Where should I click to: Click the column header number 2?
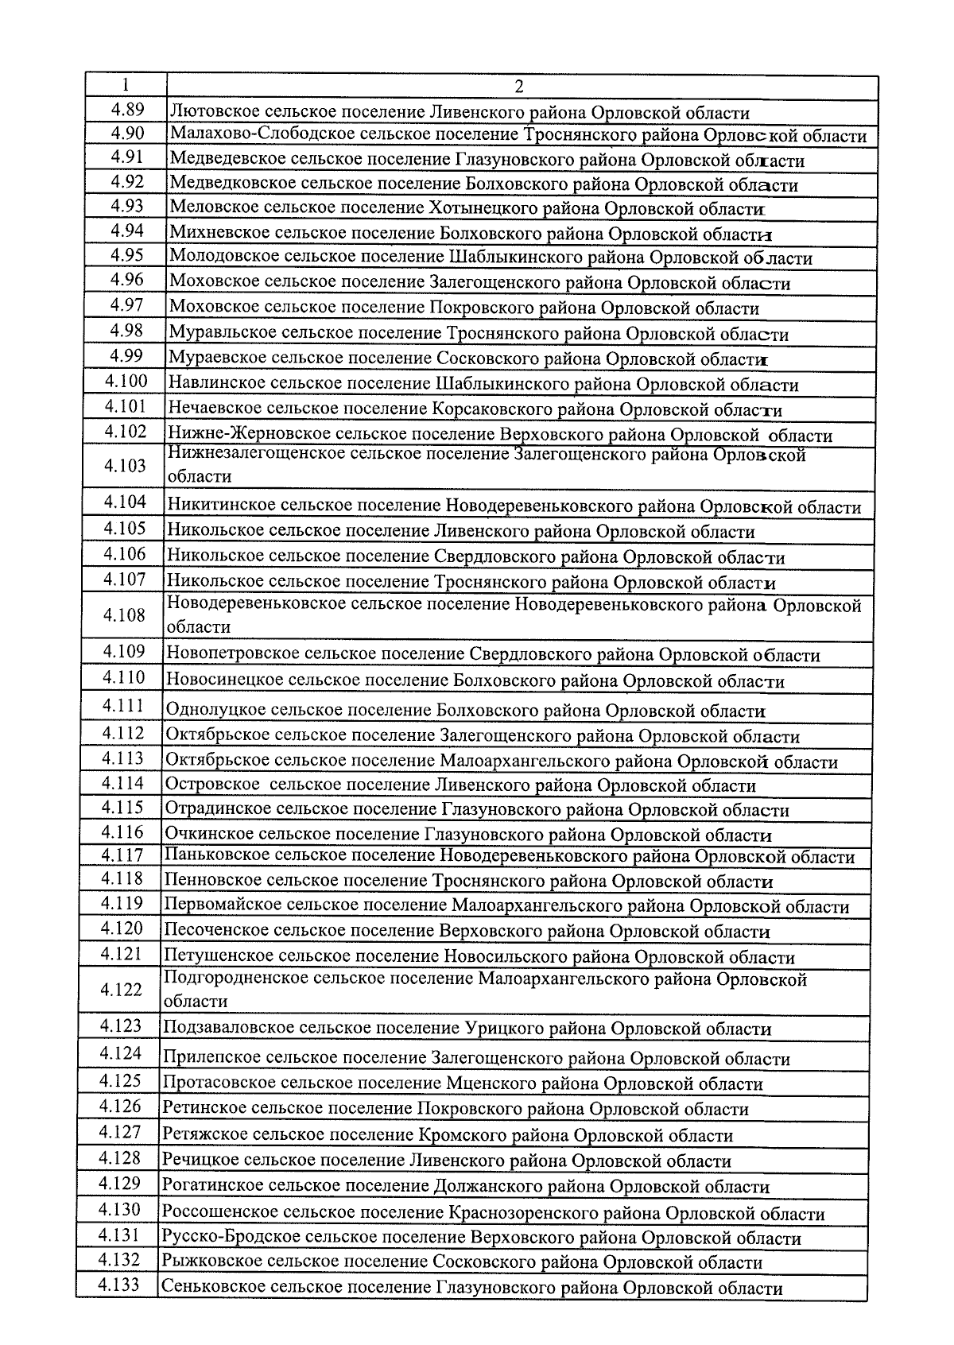[x=518, y=87]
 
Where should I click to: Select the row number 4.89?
[x=126, y=109]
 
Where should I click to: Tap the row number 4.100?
[x=126, y=382]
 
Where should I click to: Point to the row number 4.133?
[x=118, y=1285]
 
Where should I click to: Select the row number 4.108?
[x=124, y=614]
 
